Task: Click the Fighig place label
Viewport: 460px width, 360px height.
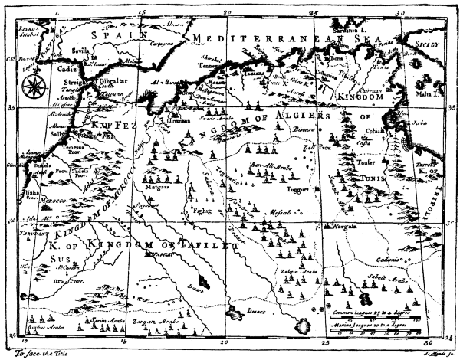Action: click(x=202, y=208)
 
